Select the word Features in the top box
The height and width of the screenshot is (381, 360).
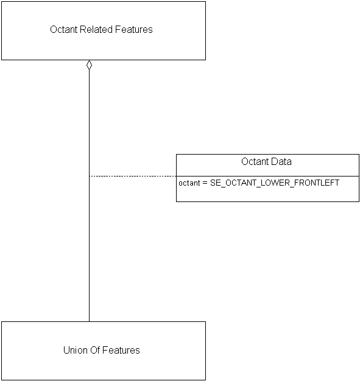click(134, 29)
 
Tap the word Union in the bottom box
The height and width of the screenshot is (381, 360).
click(75, 350)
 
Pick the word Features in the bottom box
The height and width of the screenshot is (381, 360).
click(121, 350)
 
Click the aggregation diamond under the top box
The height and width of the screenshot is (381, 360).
click(89, 65)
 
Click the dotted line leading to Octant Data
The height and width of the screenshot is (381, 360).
click(133, 176)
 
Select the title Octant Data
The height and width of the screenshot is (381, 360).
click(266, 161)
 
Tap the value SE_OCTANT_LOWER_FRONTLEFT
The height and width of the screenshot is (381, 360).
click(275, 183)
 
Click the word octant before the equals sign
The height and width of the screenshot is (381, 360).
click(189, 183)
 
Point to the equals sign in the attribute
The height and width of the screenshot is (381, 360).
click(205, 183)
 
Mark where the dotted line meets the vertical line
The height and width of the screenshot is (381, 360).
click(89, 176)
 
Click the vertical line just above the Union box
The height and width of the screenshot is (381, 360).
click(89, 313)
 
